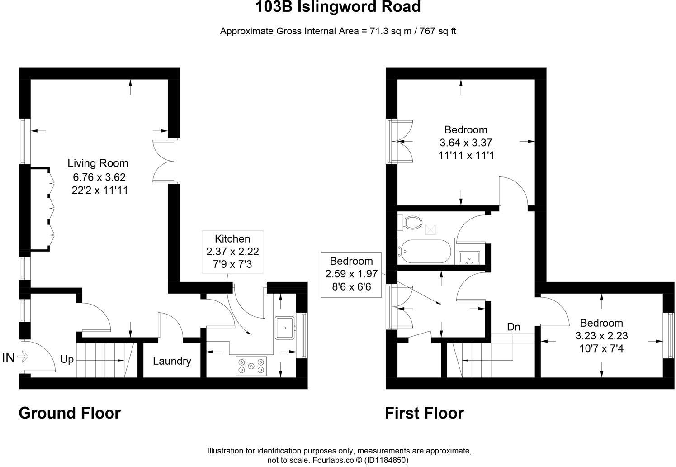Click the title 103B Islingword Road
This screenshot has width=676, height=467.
tap(338, 7)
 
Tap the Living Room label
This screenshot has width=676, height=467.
tap(98, 163)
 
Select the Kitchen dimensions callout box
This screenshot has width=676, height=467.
tap(232, 251)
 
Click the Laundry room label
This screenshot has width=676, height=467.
tap(172, 361)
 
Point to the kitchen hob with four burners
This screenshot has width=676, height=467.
tap(251, 366)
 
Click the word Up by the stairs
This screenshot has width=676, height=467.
tap(67, 360)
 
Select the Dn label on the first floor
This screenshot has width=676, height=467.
tap(513, 327)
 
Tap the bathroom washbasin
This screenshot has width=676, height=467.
tap(469, 257)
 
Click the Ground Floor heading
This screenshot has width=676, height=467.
tap(70, 413)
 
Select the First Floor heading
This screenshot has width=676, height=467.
tap(424, 413)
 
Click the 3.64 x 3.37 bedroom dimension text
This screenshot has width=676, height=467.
tap(466, 143)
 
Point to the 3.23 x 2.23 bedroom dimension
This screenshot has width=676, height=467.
tap(601, 336)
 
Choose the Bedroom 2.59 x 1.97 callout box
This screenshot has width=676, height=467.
tap(351, 274)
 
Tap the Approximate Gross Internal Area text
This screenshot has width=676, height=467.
tap(338, 31)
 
